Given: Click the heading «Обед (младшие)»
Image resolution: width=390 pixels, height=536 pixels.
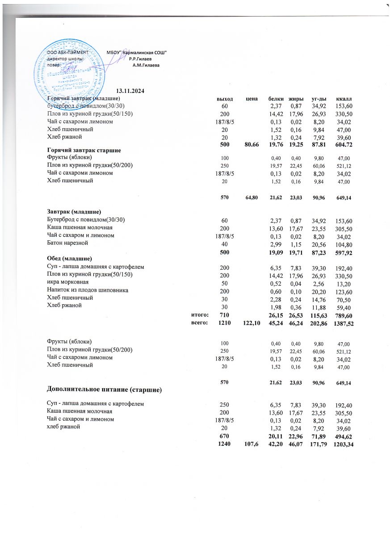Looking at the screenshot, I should pos(70,259).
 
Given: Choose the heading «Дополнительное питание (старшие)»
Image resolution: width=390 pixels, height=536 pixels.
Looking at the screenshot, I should pos(104,390).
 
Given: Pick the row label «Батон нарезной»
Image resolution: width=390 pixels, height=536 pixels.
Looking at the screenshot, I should pos(68,243).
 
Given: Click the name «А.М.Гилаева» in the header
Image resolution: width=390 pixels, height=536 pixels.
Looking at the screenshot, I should pos(146,65).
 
